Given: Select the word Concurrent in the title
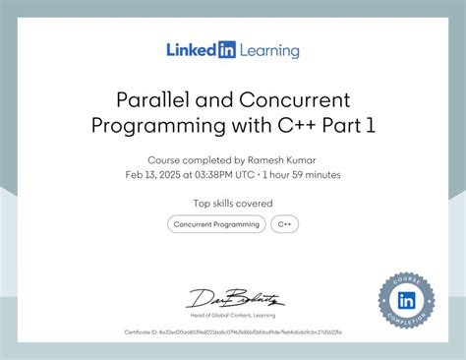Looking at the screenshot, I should tap(294, 100).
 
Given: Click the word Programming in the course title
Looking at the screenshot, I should tap(173, 126).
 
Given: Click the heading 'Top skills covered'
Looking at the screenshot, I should tap(233, 204).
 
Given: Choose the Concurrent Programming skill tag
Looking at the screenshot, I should tap(217, 224).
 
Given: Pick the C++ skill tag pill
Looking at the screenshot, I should tap(285, 224).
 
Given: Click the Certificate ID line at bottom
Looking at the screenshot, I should tap(232, 332).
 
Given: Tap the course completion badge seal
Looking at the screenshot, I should tap(406, 299).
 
